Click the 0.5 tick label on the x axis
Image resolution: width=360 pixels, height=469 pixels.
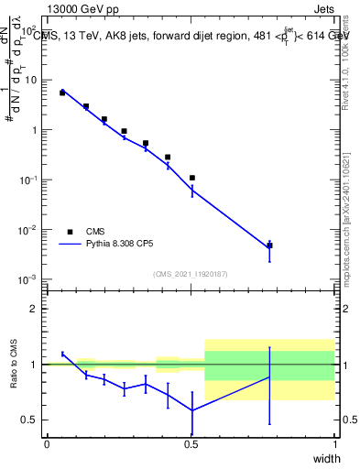point(191,445)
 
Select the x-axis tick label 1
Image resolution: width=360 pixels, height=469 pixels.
point(334,445)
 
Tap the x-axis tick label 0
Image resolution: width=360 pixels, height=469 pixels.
point(47,445)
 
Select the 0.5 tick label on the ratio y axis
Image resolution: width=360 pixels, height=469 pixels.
point(27,420)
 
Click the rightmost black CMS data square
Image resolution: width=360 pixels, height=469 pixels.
point(269,245)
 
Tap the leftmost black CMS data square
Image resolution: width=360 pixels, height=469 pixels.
point(62,93)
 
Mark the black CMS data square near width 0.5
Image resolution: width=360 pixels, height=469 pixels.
point(192,178)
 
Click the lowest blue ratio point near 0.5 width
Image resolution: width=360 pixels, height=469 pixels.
point(192,410)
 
